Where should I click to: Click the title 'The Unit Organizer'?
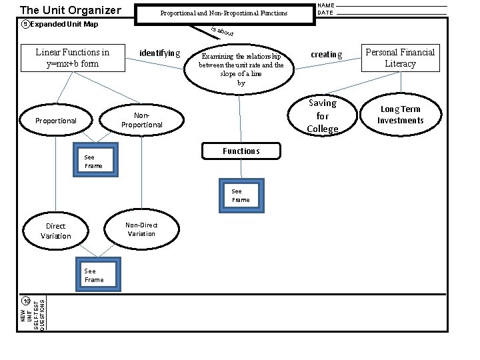pyautogui.click(x=70, y=10)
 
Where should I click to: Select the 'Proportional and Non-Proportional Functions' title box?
pyautogui.click(x=224, y=13)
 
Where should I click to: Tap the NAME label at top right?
pyautogui.click(x=326, y=5)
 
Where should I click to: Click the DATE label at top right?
pyautogui.click(x=325, y=13)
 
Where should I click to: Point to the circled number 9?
pyautogui.click(x=25, y=25)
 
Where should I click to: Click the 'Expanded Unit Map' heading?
pyautogui.click(x=63, y=25)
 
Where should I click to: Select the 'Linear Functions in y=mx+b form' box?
pyautogui.click(x=72, y=58)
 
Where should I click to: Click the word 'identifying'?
pyautogui.click(x=159, y=53)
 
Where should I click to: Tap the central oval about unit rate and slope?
pyautogui.click(x=241, y=69)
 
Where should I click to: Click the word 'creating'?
pyautogui.click(x=327, y=55)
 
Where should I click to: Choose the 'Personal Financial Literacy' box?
pyautogui.click(x=400, y=58)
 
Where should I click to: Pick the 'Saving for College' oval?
pyautogui.click(x=323, y=115)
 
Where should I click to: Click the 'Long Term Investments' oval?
pyautogui.click(x=400, y=115)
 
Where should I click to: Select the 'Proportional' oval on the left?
pyautogui.click(x=56, y=121)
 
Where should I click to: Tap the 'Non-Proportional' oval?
pyautogui.click(x=142, y=120)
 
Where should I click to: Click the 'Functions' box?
pyautogui.click(x=241, y=151)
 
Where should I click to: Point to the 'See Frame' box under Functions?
pyautogui.click(x=241, y=195)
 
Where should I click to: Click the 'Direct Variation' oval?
pyautogui.click(x=55, y=231)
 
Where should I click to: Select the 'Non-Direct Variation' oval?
pyautogui.click(x=141, y=229)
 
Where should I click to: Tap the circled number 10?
pyautogui.click(x=25, y=301)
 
